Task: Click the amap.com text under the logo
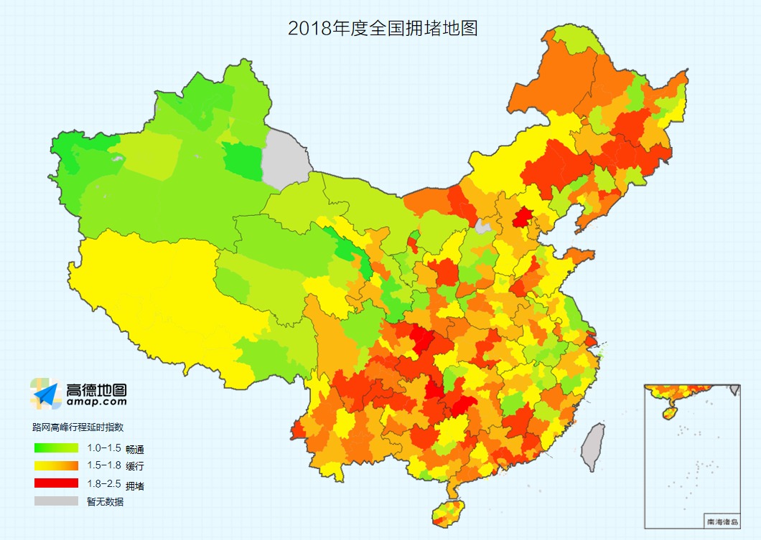tap(96, 403)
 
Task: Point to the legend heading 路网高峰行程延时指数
tap(78, 427)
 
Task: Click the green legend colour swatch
tap(55, 449)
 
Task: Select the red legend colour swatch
tap(55, 483)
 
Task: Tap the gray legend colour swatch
tap(55, 501)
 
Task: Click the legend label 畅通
tap(135, 450)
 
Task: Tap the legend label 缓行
tap(135, 467)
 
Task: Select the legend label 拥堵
tap(135, 485)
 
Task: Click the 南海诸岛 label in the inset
tap(721, 521)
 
